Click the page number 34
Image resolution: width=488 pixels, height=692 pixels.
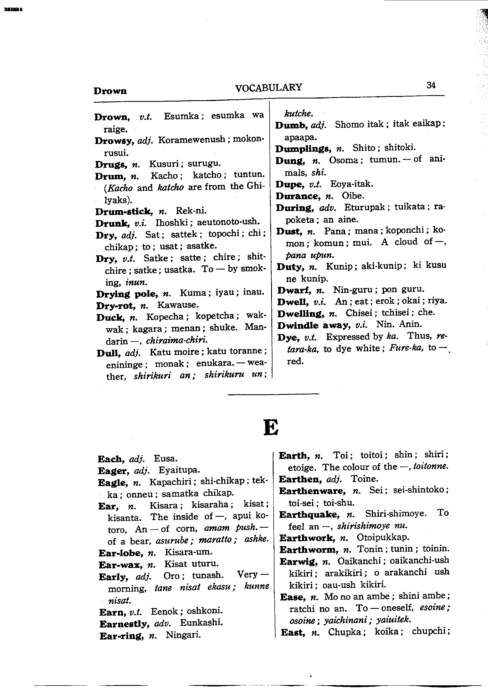(x=431, y=85)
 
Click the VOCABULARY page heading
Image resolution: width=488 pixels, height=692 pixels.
(x=268, y=87)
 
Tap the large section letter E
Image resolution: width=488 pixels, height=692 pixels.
(x=271, y=427)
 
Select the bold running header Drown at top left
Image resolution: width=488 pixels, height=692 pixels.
(x=110, y=91)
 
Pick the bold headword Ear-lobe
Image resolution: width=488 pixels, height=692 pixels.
(x=120, y=553)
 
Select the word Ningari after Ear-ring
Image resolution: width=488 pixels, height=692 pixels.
(x=183, y=635)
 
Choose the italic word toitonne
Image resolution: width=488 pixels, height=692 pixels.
(x=431, y=467)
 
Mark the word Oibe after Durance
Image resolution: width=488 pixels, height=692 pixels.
(x=353, y=196)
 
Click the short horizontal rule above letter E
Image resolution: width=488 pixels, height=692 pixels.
(x=273, y=394)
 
